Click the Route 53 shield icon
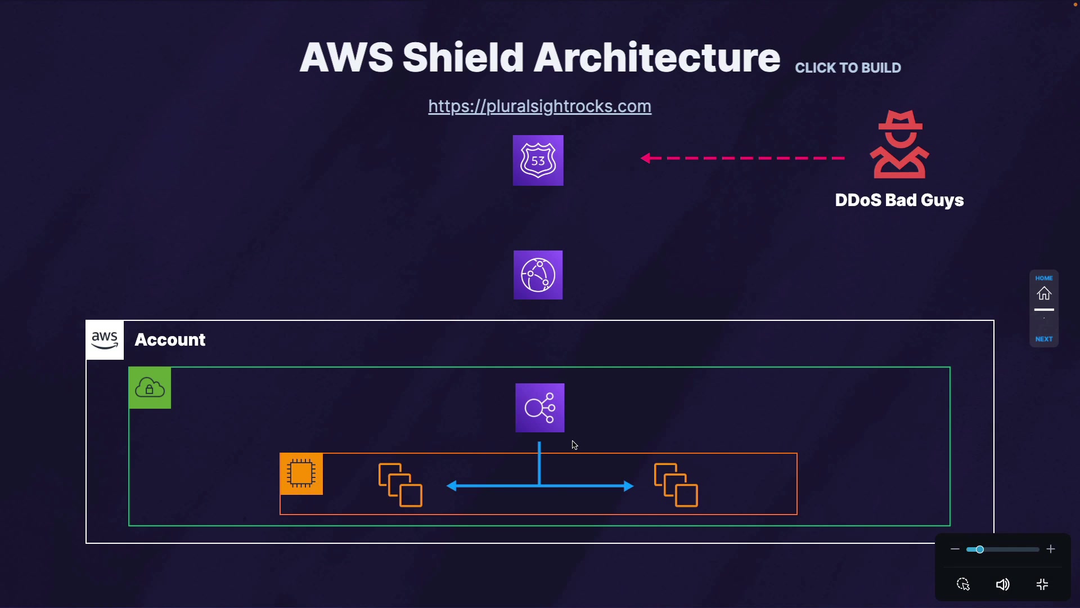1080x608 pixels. coord(538,160)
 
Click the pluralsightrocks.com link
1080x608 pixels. coord(540,106)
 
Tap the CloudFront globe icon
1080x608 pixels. coord(538,275)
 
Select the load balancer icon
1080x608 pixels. coord(540,408)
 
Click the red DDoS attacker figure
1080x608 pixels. coord(899,145)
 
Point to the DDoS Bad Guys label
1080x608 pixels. coord(899,200)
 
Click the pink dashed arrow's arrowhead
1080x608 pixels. coord(646,159)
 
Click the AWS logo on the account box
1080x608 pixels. coord(105,340)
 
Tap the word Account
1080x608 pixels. coord(170,340)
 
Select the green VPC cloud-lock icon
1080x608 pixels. coord(150,388)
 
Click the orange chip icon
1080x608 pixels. coord(301,473)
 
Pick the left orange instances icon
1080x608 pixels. coord(400,485)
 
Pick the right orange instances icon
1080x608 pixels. coord(676,485)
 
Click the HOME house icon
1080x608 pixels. coord(1045,293)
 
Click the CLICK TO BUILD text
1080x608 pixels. coord(848,68)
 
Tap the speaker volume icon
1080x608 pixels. coord(1003,585)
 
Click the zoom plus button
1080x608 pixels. coord(1051,549)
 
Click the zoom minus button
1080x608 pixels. coord(955,549)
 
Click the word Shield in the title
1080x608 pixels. coord(463,57)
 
